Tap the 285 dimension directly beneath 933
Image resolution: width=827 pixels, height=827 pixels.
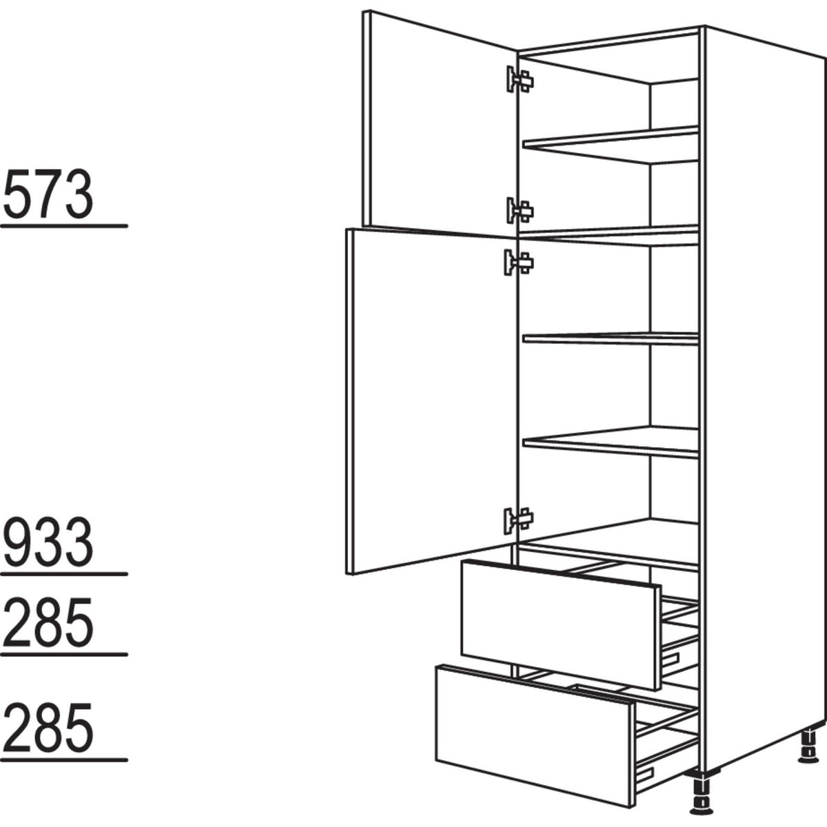(x=48, y=622)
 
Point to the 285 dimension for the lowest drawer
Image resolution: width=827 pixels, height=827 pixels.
(x=48, y=727)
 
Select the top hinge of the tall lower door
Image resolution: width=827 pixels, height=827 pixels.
(x=518, y=263)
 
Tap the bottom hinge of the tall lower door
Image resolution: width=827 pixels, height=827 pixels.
(x=518, y=519)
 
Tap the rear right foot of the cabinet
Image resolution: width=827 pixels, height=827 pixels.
(x=806, y=747)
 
